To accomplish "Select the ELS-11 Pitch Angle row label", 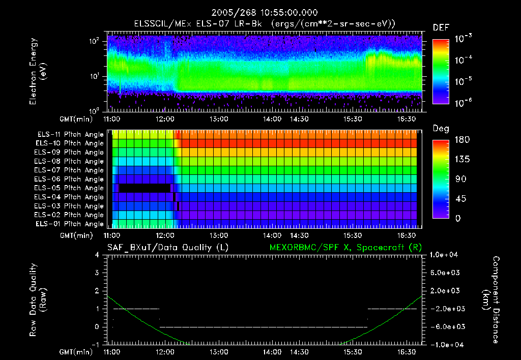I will coord(70,134).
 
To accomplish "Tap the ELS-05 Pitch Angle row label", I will coord(70,188).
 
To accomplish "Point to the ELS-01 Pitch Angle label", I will coord(70,224).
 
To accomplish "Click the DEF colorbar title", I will coord(440,28).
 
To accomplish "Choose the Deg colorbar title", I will coord(440,129).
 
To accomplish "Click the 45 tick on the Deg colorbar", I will coord(459,199).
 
